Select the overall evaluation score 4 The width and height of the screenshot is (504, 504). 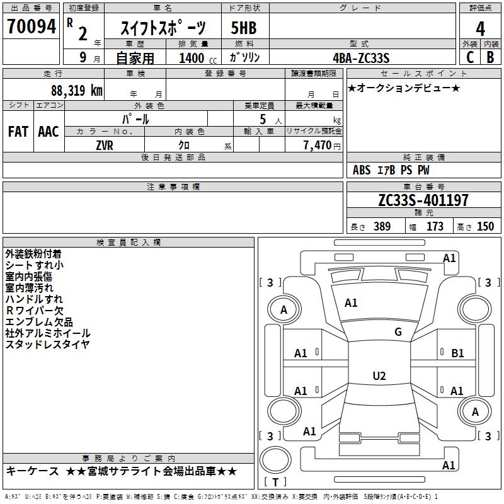point(480,28)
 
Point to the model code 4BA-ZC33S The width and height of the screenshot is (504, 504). point(361,58)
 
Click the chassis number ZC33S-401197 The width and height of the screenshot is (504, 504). point(423,201)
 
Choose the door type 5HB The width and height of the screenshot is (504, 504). point(244,28)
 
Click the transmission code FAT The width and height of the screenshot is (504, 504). point(18,132)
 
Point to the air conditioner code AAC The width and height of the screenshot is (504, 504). point(49,132)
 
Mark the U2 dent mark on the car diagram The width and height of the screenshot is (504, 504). point(379,376)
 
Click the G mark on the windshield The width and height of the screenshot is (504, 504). point(398,332)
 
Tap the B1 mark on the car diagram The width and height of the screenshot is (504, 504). point(457,353)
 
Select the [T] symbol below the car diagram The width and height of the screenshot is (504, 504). point(275,483)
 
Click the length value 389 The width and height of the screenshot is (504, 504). point(382,227)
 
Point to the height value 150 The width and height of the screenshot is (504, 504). point(485,227)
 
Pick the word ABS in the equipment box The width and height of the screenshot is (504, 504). point(362,170)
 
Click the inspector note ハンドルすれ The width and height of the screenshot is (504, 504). point(34,299)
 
